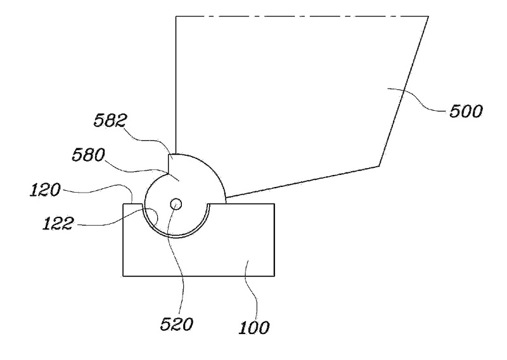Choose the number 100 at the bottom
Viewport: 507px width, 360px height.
click(255, 328)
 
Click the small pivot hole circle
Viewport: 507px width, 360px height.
click(176, 203)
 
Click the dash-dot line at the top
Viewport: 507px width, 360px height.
click(301, 16)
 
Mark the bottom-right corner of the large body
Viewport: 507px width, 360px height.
click(379, 166)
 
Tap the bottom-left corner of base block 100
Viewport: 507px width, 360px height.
click(123, 276)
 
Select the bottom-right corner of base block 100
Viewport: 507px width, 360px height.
click(274, 276)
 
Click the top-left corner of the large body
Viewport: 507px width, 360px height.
click(175, 16)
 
